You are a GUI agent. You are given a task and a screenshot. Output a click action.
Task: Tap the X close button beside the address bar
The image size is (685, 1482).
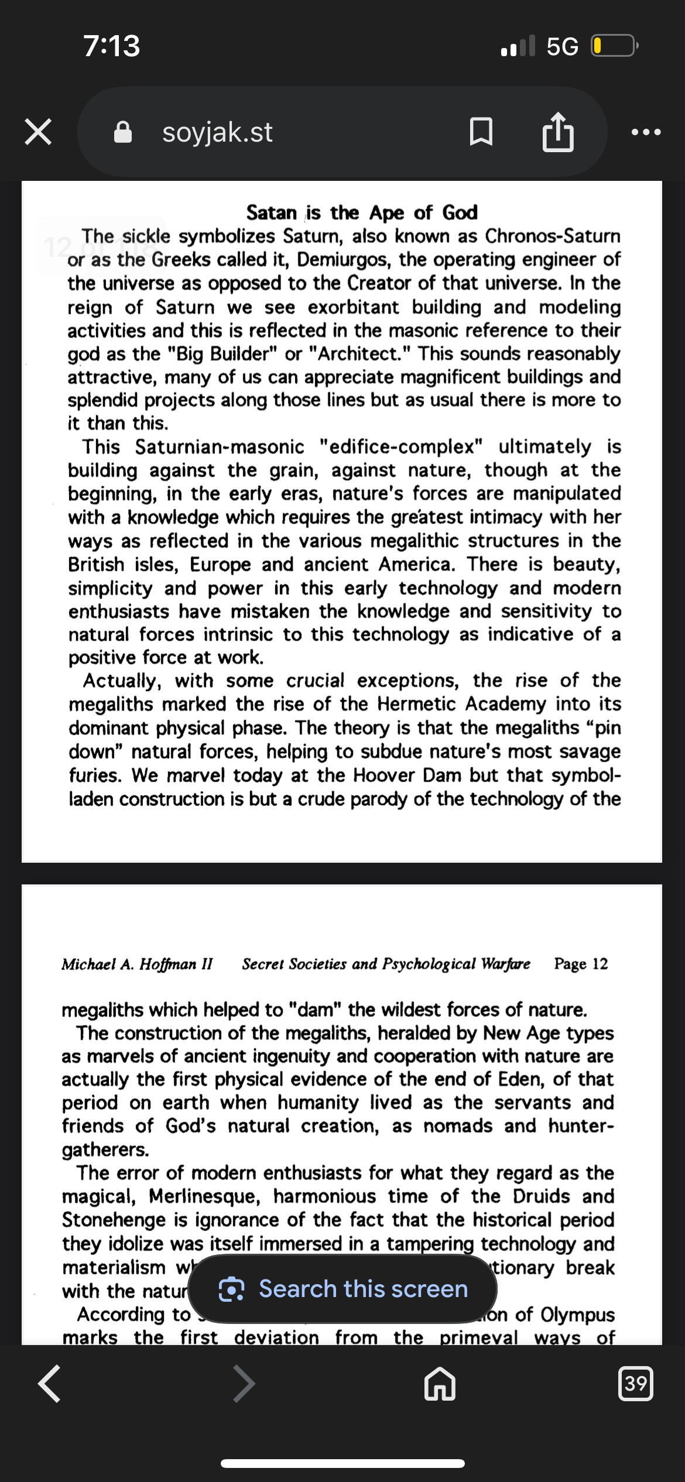(x=38, y=132)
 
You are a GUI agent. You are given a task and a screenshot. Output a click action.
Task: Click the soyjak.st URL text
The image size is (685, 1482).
(x=217, y=133)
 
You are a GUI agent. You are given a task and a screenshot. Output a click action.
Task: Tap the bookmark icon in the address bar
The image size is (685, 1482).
(x=481, y=132)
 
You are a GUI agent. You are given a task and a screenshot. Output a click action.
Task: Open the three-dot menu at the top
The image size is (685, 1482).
(x=646, y=132)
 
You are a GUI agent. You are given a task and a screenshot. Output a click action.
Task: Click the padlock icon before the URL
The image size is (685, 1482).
(x=122, y=133)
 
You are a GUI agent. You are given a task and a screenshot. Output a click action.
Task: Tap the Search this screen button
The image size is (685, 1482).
(x=342, y=1289)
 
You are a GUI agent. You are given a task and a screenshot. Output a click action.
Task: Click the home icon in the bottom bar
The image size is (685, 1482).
(x=440, y=1384)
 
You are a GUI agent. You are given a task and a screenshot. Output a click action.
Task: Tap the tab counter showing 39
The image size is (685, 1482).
(x=635, y=1384)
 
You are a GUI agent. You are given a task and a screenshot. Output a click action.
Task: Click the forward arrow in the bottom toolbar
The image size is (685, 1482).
(x=244, y=1384)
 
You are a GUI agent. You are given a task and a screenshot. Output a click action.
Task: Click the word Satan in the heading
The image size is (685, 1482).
(x=271, y=212)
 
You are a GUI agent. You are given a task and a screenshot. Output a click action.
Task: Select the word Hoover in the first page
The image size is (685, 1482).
(x=385, y=775)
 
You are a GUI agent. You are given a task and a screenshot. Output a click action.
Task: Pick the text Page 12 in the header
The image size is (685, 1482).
(x=581, y=964)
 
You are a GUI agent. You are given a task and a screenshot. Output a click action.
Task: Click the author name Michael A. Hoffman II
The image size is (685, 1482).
(x=137, y=964)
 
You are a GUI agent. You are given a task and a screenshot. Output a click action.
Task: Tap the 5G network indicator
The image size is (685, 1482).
(x=562, y=46)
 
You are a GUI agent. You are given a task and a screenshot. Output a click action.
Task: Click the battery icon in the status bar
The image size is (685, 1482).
(x=614, y=46)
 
